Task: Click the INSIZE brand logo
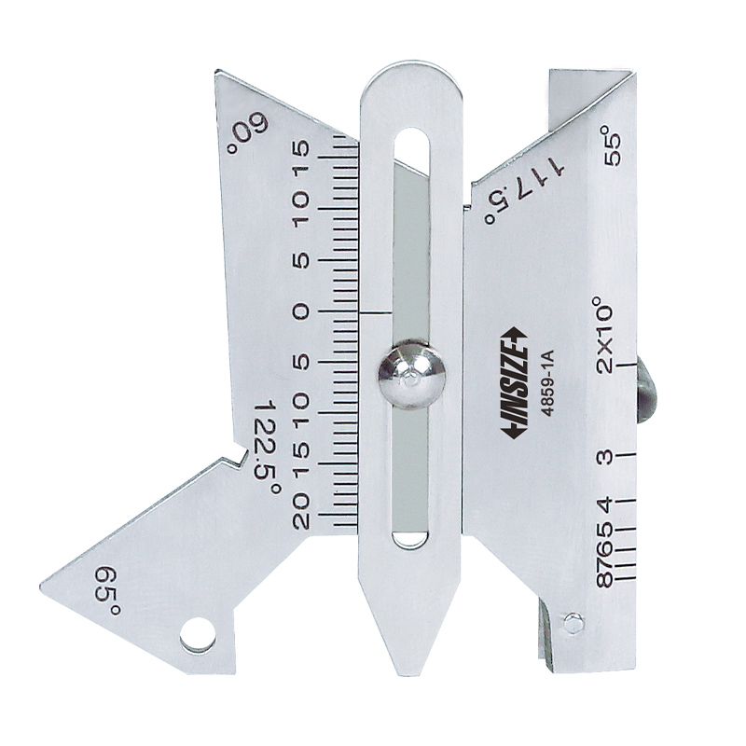[515, 380]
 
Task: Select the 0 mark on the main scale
[300, 311]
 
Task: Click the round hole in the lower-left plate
[198, 635]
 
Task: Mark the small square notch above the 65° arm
[239, 458]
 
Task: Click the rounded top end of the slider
[411, 79]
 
